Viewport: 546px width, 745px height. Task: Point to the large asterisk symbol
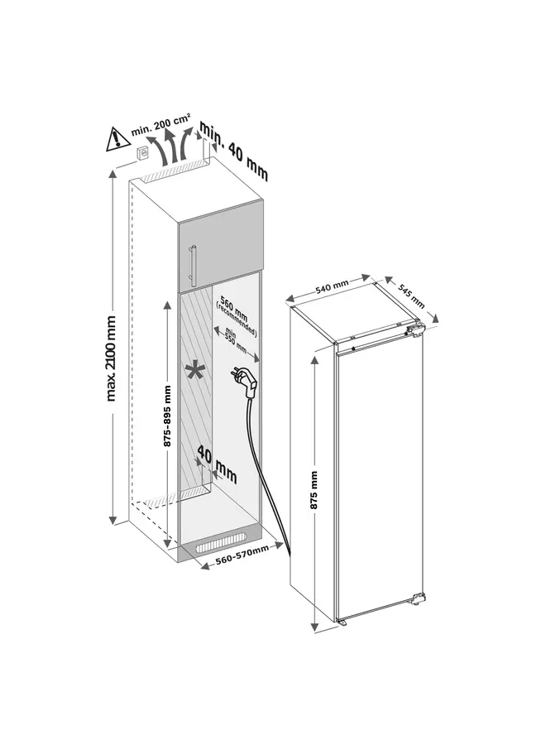pos(196,372)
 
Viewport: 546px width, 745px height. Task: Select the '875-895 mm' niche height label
pos(167,416)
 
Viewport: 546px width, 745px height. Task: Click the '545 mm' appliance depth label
pos(411,292)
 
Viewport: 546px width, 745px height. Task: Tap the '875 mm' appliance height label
pos(314,494)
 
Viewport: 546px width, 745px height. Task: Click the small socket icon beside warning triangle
pos(142,152)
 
